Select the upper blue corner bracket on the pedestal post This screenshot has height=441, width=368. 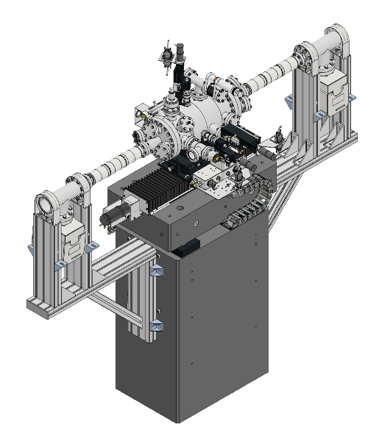coord(156,271)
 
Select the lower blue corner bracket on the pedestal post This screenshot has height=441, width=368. coord(156,326)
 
